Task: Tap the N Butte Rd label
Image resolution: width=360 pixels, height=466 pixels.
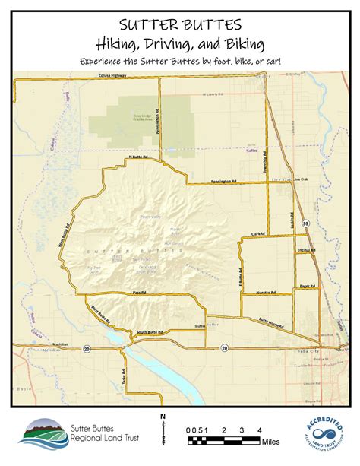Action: [136, 157]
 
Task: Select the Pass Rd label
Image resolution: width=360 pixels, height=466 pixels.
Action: [138, 292]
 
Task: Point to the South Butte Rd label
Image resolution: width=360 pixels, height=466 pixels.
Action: [151, 331]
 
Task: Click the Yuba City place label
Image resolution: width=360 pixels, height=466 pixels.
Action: [322, 352]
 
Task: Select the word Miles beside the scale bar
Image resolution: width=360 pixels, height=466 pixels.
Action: [270, 442]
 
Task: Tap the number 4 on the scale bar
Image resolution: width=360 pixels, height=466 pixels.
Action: [260, 430]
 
